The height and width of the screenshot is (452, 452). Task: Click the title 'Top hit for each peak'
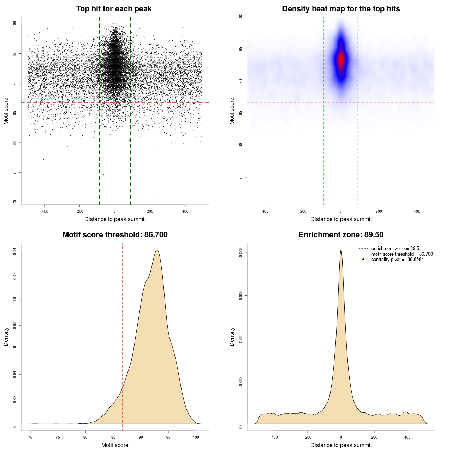pyautogui.click(x=114, y=9)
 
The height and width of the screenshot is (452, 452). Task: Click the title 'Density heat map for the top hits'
pyautogui.click(x=341, y=9)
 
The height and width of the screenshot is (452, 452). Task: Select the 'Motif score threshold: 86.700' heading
pyautogui.click(x=115, y=235)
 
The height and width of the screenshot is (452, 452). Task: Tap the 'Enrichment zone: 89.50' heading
pyautogui.click(x=341, y=235)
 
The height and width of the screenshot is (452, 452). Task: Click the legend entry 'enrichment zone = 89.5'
pyautogui.click(x=395, y=249)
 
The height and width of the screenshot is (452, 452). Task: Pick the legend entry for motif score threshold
pyautogui.click(x=402, y=254)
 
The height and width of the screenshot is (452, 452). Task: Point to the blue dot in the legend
pyautogui.click(x=363, y=260)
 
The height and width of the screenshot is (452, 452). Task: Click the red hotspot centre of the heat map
pyautogui.click(x=341, y=59)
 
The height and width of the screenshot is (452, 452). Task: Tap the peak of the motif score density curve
pyautogui.click(x=157, y=250)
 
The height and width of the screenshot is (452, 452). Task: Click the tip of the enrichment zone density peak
pyautogui.click(x=341, y=250)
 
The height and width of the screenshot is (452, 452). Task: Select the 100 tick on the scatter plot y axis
pyautogui.click(x=14, y=24)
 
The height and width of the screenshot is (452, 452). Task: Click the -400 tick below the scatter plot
pyautogui.click(x=44, y=211)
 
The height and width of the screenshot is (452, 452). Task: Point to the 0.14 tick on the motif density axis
pyautogui.click(x=14, y=251)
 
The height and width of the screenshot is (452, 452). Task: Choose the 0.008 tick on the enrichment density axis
pyautogui.click(x=240, y=252)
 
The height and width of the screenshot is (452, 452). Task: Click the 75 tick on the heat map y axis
pyautogui.click(x=240, y=177)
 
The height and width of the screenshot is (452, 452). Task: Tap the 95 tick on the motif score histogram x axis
pyautogui.click(x=168, y=437)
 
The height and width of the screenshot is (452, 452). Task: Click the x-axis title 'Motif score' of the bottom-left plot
pyautogui.click(x=115, y=445)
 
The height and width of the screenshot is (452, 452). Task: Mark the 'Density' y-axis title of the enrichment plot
pyautogui.click(x=232, y=337)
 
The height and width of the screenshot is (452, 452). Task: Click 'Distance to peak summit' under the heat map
pyautogui.click(x=341, y=219)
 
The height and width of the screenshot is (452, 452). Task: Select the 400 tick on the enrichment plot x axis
pyautogui.click(x=408, y=437)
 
